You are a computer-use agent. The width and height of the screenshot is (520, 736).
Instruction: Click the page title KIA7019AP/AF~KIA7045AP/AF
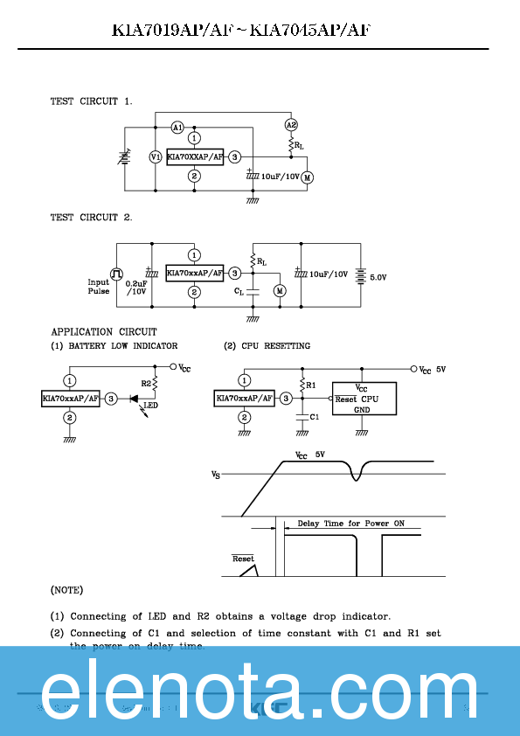(241, 31)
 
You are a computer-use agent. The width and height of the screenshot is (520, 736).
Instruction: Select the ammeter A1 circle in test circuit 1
(177, 128)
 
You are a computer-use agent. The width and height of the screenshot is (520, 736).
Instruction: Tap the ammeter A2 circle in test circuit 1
(291, 125)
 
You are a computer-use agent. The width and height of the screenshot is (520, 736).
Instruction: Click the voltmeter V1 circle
(155, 157)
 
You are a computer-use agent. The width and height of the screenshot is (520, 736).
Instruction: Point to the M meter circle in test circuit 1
(307, 177)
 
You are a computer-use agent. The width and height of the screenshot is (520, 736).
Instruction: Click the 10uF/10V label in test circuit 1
(280, 177)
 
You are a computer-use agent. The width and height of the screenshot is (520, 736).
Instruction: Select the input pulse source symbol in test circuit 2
(116, 274)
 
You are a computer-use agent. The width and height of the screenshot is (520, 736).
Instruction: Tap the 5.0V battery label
(378, 277)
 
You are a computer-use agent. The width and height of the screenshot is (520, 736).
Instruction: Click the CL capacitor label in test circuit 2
(239, 291)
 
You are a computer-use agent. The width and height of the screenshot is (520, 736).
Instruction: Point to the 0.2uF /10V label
(136, 288)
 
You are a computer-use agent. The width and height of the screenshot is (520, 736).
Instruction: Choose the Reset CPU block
(364, 399)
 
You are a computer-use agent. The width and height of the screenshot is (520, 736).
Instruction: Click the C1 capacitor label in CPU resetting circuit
(315, 417)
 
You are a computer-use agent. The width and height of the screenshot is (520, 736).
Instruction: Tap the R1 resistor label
(310, 384)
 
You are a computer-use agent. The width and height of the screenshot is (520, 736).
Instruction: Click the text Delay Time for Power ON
(350, 524)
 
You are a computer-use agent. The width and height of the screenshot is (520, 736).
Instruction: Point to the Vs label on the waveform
(216, 475)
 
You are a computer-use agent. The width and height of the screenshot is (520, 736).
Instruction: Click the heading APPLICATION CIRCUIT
(104, 332)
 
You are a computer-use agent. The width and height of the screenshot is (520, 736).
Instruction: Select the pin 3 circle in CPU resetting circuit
(286, 399)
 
